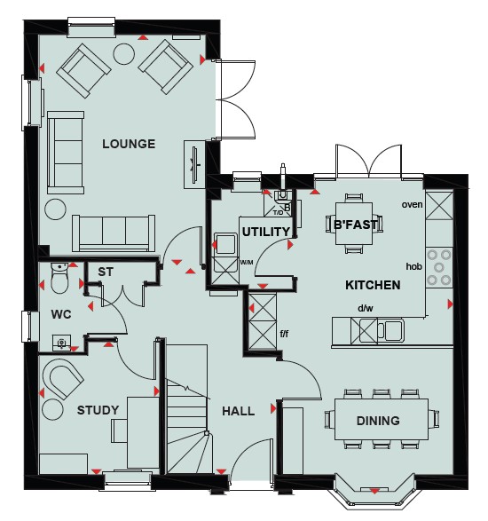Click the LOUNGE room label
click(129, 144)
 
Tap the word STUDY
click(98, 410)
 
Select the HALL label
click(238, 411)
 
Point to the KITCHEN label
click(373, 285)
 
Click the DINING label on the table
click(378, 421)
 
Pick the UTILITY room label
click(266, 232)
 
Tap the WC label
click(61, 314)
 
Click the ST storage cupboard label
click(106, 272)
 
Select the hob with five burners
click(439, 267)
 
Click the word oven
click(412, 204)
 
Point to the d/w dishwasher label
click(366, 308)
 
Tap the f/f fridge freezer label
click(284, 333)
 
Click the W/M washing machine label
click(247, 263)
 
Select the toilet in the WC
click(59, 278)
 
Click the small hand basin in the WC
click(61, 343)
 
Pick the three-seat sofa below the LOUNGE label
click(114, 233)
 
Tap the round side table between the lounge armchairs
click(124, 54)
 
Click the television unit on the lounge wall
click(194, 165)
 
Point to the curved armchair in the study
click(63, 379)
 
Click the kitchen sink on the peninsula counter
click(390, 330)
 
